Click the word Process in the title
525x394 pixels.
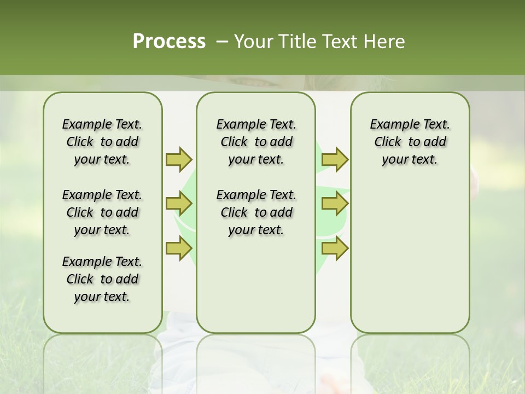tap(169, 42)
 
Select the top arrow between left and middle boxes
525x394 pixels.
tap(179, 159)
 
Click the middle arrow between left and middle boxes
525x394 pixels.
tap(179, 204)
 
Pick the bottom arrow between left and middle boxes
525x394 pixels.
tap(179, 248)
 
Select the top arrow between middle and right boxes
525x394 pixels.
tap(335, 159)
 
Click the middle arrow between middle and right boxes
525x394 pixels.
tap(335, 204)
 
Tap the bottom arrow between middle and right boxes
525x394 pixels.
tap(335, 248)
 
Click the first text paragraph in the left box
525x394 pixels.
tap(102, 142)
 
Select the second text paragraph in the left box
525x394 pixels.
tap(102, 212)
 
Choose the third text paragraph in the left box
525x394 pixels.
tap(102, 279)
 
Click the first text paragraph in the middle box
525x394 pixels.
tap(256, 142)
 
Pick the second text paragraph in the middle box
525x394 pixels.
tap(256, 212)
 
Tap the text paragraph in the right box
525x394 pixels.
tap(410, 142)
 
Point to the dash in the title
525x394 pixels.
tap(222, 42)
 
